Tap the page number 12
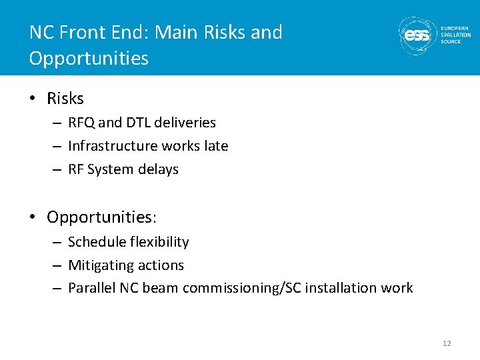coord(447,343)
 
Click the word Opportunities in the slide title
coord(89,58)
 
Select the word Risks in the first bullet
coord(65,99)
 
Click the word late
coord(215,146)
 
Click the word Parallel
coord(91,288)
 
